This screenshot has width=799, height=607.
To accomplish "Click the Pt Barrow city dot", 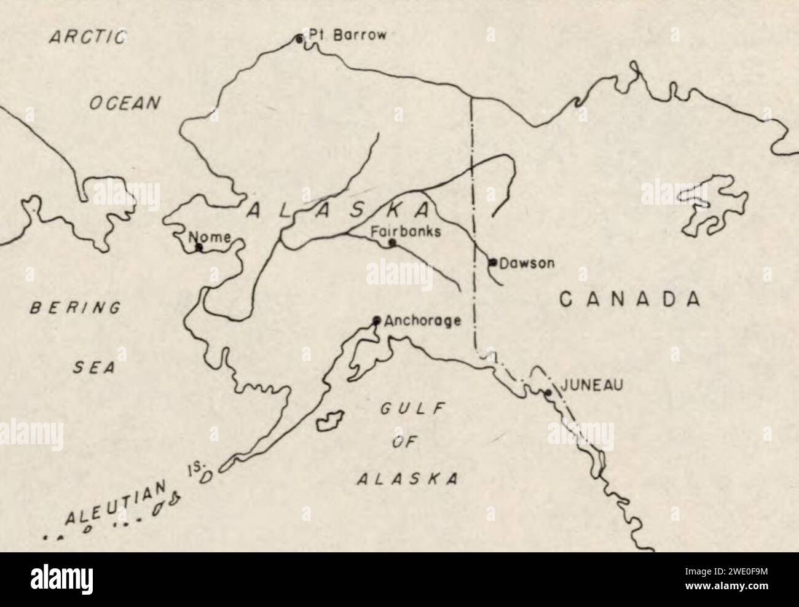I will point(299,39).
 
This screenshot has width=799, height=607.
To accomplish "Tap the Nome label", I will point(209,237).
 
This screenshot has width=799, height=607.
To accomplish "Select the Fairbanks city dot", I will point(392,243).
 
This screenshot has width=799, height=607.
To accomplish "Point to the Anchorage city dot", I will point(377,320).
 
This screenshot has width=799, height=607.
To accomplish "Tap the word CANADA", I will point(630,299).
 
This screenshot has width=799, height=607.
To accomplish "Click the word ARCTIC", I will point(88,37).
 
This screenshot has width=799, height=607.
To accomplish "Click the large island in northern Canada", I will point(713,206).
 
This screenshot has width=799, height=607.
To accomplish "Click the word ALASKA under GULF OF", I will point(407,479).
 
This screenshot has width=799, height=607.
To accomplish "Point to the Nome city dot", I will point(199,248).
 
